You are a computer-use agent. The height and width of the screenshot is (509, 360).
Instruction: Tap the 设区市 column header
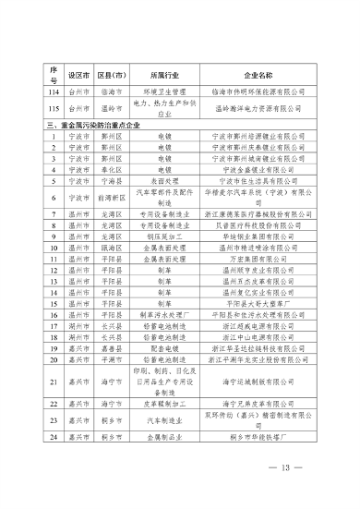pos(66,73)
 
